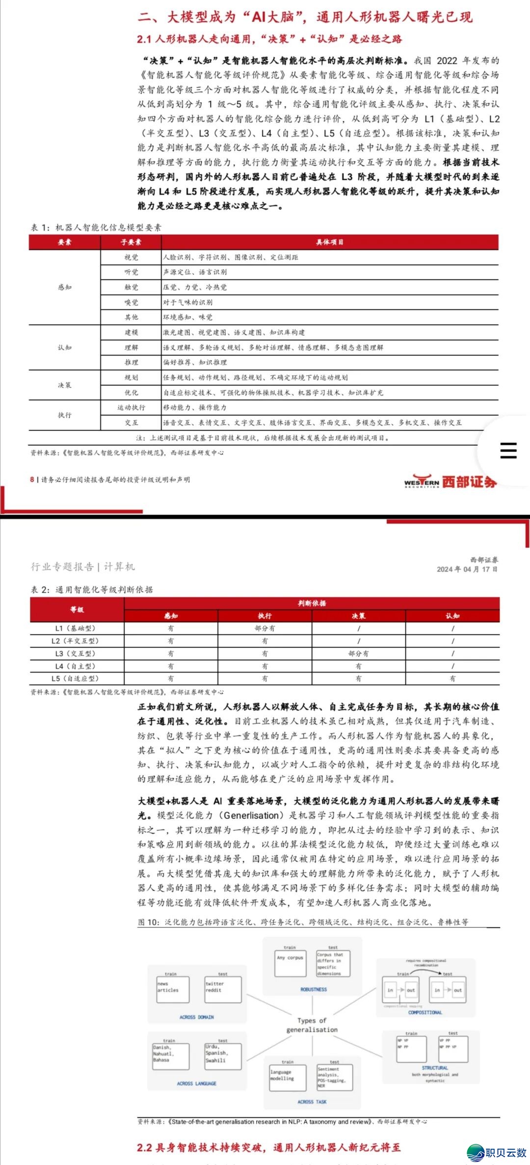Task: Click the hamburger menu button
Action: pyautogui.click(x=508, y=450)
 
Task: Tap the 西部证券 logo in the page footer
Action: pyautogui.click(x=450, y=482)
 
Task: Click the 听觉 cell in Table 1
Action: pyautogui.click(x=131, y=272)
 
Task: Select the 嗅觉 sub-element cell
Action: pyautogui.click(x=131, y=302)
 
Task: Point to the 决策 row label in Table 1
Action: pyautogui.click(x=64, y=385)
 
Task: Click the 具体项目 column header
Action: pyautogui.click(x=330, y=242)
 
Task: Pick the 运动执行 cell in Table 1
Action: pyautogui.click(x=131, y=407)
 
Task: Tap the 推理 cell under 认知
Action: pyautogui.click(x=131, y=362)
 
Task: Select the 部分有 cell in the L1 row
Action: pyautogui.click(x=265, y=628)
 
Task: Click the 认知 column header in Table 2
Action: pyautogui.click(x=452, y=616)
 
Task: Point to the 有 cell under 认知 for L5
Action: pyautogui.click(x=452, y=678)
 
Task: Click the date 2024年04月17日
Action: pyautogui.click(x=467, y=569)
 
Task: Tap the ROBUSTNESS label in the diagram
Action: pyautogui.click(x=314, y=989)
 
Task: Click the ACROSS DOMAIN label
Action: pyautogui.click(x=196, y=1017)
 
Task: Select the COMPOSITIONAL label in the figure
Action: pyautogui.click(x=425, y=1012)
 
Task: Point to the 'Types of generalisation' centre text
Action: pyautogui.click(x=312, y=1025)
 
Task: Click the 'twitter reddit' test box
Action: pyautogui.click(x=223, y=989)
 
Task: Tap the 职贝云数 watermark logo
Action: pyautogui.click(x=497, y=1152)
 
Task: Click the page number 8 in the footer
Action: pyautogui.click(x=32, y=479)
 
